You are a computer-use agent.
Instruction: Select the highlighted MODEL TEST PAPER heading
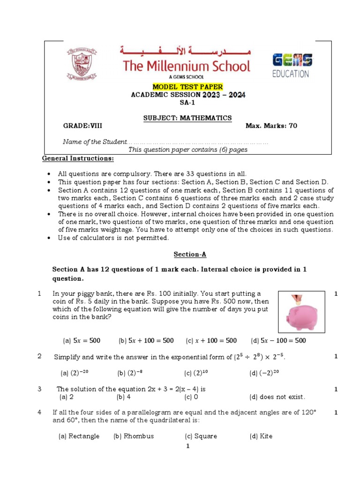coord(187,87)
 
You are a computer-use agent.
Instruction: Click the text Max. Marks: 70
coord(271,126)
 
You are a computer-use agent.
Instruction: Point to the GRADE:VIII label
coord(82,126)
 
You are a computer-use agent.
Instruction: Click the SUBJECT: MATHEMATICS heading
coord(187,118)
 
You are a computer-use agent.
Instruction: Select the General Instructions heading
coord(78,158)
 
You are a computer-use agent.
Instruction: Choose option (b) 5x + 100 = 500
coord(146,341)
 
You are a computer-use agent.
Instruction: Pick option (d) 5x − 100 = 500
coord(278,341)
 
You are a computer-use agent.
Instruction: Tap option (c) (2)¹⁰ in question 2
coord(196,373)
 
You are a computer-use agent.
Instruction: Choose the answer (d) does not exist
coord(277,397)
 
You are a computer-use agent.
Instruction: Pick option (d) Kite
coord(261,436)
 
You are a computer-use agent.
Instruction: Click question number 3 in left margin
coord(40,389)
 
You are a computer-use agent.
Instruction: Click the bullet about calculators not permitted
coord(113,238)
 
